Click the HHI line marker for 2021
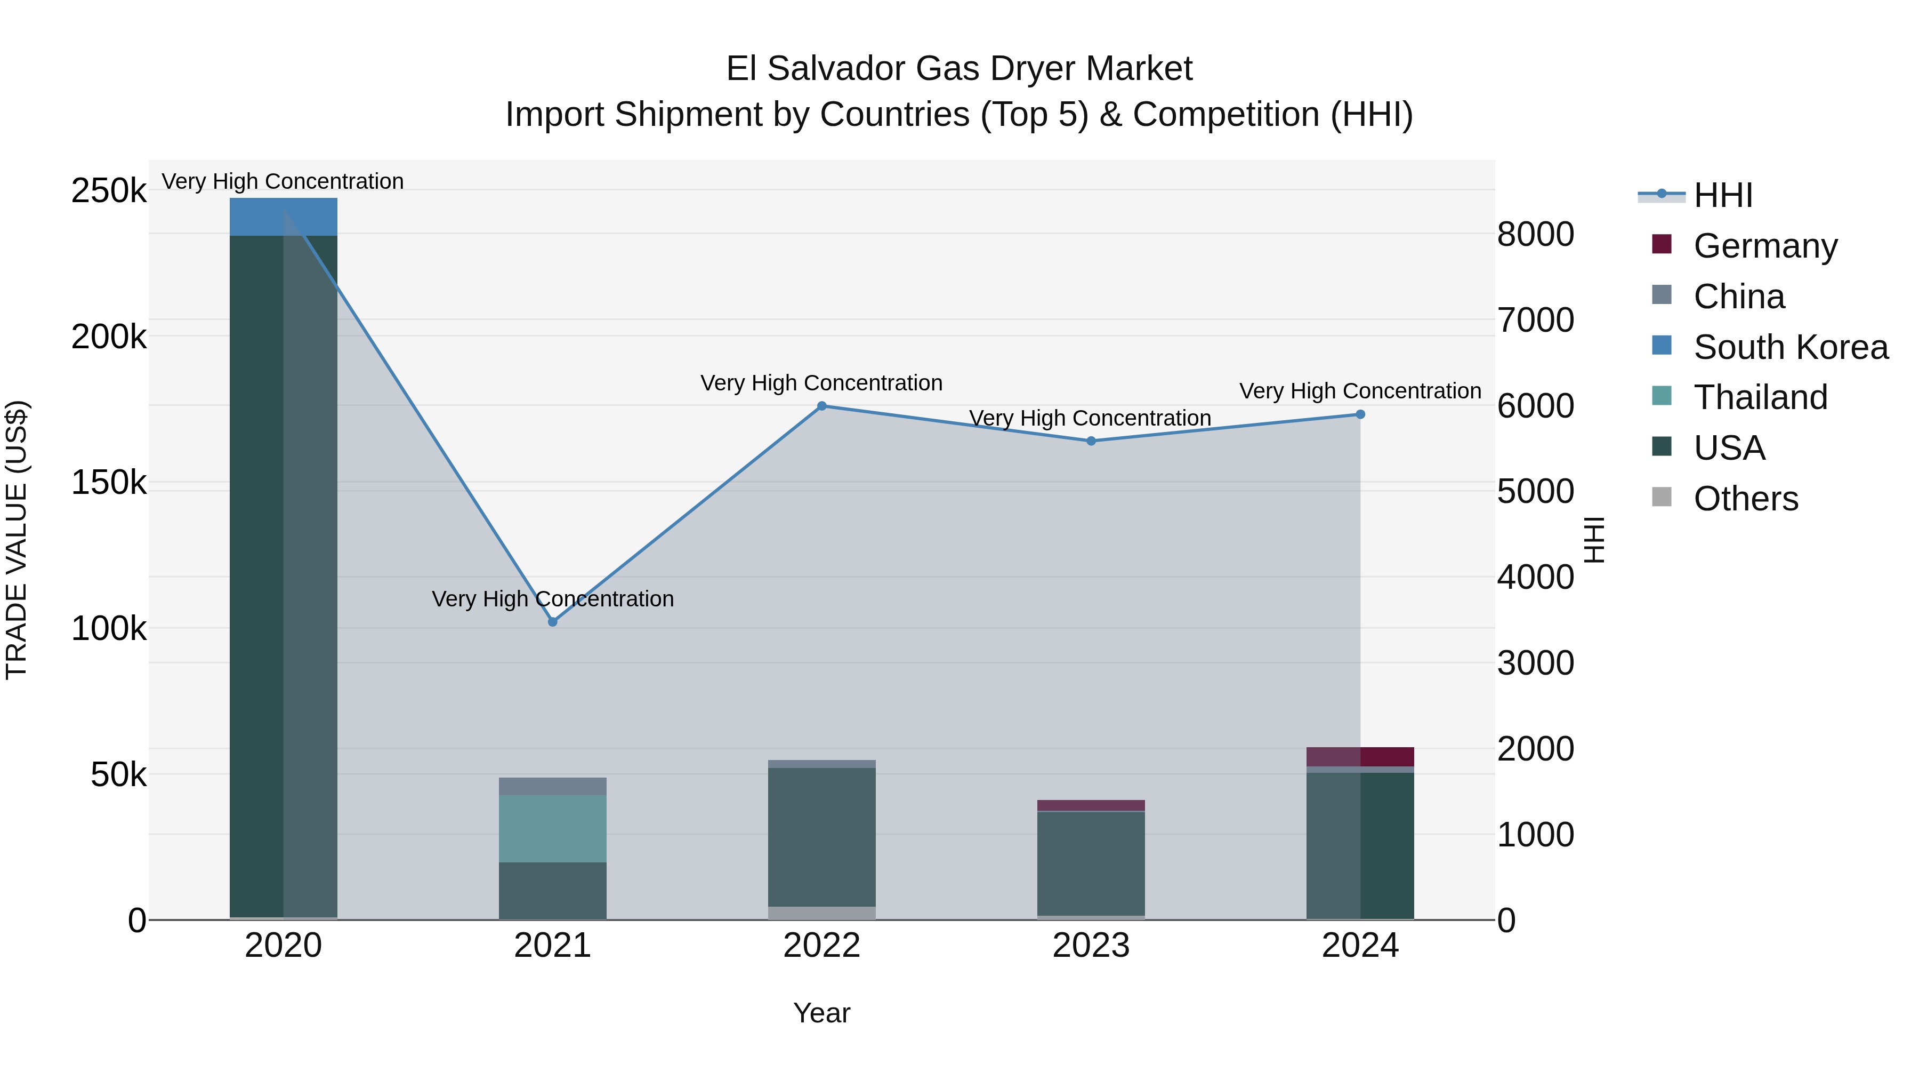[552, 622]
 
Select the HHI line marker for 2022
[821, 406]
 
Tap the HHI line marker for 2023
[1091, 441]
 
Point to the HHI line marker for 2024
[1360, 414]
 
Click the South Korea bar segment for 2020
[283, 217]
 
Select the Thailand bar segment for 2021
[552, 828]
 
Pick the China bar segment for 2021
[552, 786]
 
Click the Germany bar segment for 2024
[1360, 756]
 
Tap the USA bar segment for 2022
[821, 837]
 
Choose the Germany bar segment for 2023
[1091, 805]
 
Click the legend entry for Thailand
[1760, 397]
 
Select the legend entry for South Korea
[1790, 347]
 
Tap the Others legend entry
[1745, 499]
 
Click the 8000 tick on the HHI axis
[1535, 234]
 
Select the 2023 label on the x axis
[1091, 946]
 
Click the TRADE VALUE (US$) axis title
[17, 540]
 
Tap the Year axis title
[821, 1013]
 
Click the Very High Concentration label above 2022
[821, 383]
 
